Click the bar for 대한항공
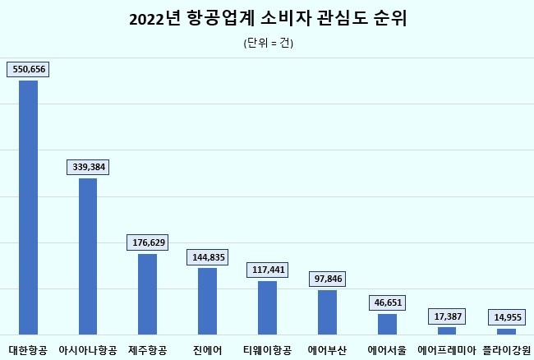(28, 207)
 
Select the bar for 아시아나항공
(88, 256)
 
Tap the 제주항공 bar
(147, 293)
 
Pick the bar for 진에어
(207, 301)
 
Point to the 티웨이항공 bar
(267, 307)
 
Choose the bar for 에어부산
(327, 312)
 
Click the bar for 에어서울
(387, 324)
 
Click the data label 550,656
(28, 70)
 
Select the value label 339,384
(88, 167)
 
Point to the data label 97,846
(327, 279)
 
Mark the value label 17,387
(447, 316)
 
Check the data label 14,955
(507, 316)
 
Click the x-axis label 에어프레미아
(447, 350)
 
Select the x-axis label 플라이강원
(507, 350)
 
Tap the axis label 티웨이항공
(267, 350)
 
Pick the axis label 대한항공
(28, 350)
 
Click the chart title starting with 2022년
(268, 19)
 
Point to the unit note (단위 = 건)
(268, 43)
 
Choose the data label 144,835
(207, 256)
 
